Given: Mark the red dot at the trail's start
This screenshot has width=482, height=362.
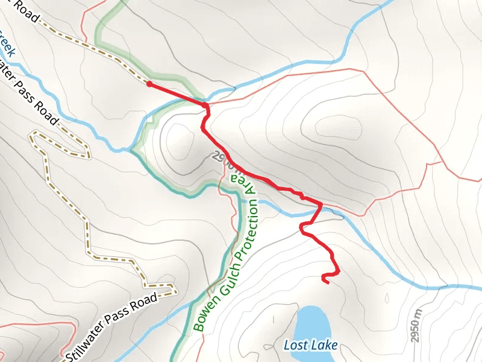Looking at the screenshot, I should [x=149, y=84].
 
